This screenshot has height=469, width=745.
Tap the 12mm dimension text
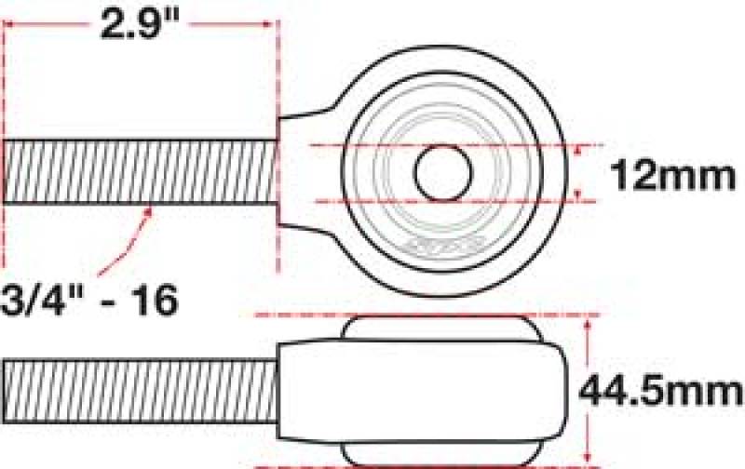671,174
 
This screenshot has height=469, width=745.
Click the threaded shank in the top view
140,171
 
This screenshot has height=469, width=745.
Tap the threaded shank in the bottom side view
140,389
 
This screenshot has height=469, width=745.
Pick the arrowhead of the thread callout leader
149,211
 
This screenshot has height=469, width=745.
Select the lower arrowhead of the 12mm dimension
582,194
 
